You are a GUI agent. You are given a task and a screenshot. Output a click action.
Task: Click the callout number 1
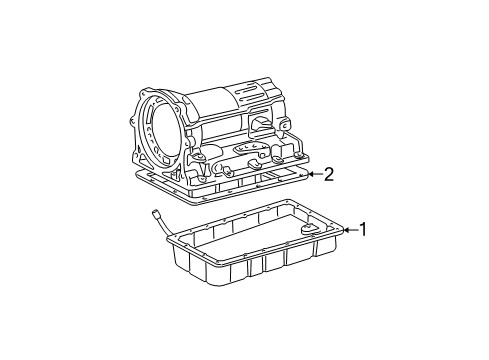[363, 230]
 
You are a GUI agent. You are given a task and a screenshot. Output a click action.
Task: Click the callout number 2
[328, 175]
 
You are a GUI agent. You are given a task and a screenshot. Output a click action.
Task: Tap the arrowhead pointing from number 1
[344, 231]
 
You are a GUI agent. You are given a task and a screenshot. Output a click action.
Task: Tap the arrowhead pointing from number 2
[309, 175]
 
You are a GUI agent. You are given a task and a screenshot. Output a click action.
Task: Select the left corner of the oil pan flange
[172, 241]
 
